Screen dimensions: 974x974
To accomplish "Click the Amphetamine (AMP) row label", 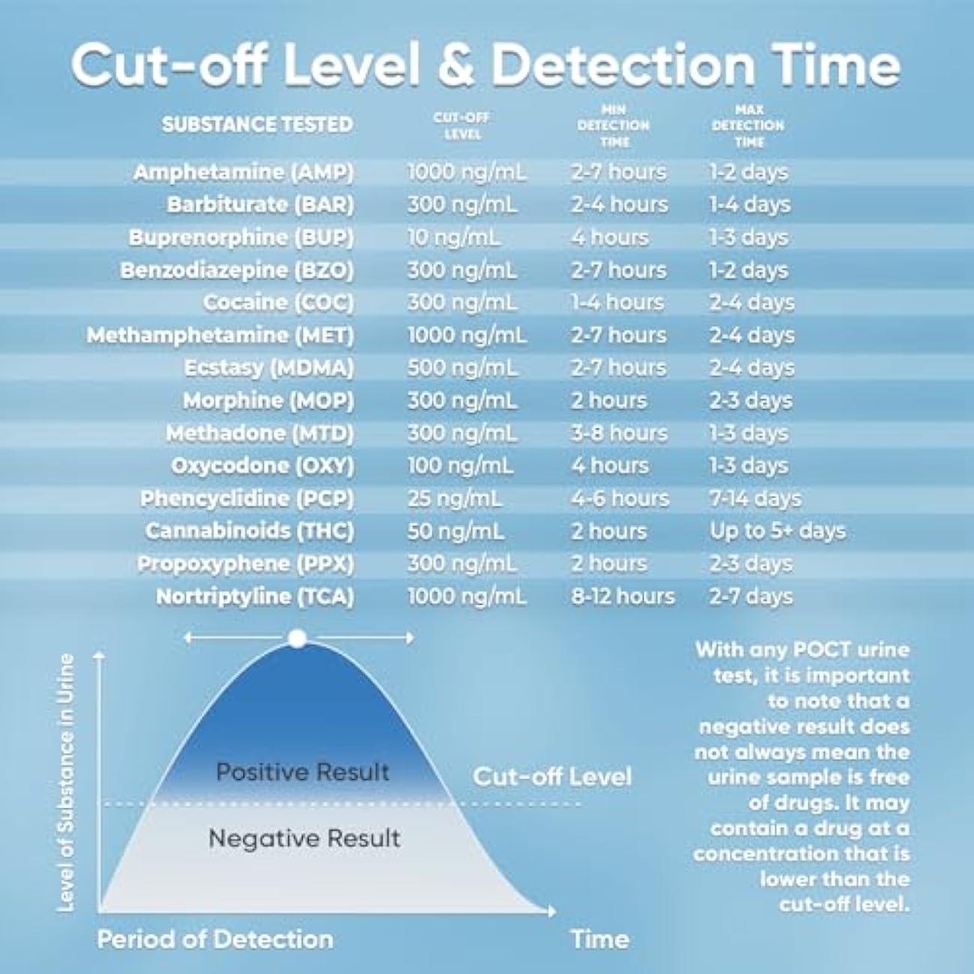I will coord(243,172).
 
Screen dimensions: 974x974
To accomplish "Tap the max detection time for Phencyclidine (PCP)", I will coord(754,498).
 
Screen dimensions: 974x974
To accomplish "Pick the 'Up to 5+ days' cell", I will coord(777,531).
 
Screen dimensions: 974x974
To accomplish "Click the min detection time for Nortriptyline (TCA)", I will coord(622,596).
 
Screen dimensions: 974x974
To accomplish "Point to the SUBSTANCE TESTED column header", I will coord(257,124).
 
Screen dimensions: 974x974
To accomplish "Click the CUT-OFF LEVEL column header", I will coord(462,126).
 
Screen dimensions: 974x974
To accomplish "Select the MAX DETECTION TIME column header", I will coord(748,125).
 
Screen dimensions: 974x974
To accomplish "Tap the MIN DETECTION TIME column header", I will coord(613,125).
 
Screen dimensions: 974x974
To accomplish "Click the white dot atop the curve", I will coord(297,638).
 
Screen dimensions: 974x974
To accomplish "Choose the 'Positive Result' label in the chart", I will coord(302,772).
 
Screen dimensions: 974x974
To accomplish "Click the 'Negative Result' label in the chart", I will coord(304,838).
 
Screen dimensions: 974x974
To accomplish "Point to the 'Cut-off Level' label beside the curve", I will coord(551,776).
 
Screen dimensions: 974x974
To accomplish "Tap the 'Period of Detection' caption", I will coord(215,939).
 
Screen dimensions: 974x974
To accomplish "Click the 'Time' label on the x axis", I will coord(599,939).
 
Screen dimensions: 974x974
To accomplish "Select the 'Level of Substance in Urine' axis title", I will coord(67,782).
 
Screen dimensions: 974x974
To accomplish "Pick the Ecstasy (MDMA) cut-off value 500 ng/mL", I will coord(462,368).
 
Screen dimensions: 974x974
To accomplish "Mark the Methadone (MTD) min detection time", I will coord(618,433).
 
